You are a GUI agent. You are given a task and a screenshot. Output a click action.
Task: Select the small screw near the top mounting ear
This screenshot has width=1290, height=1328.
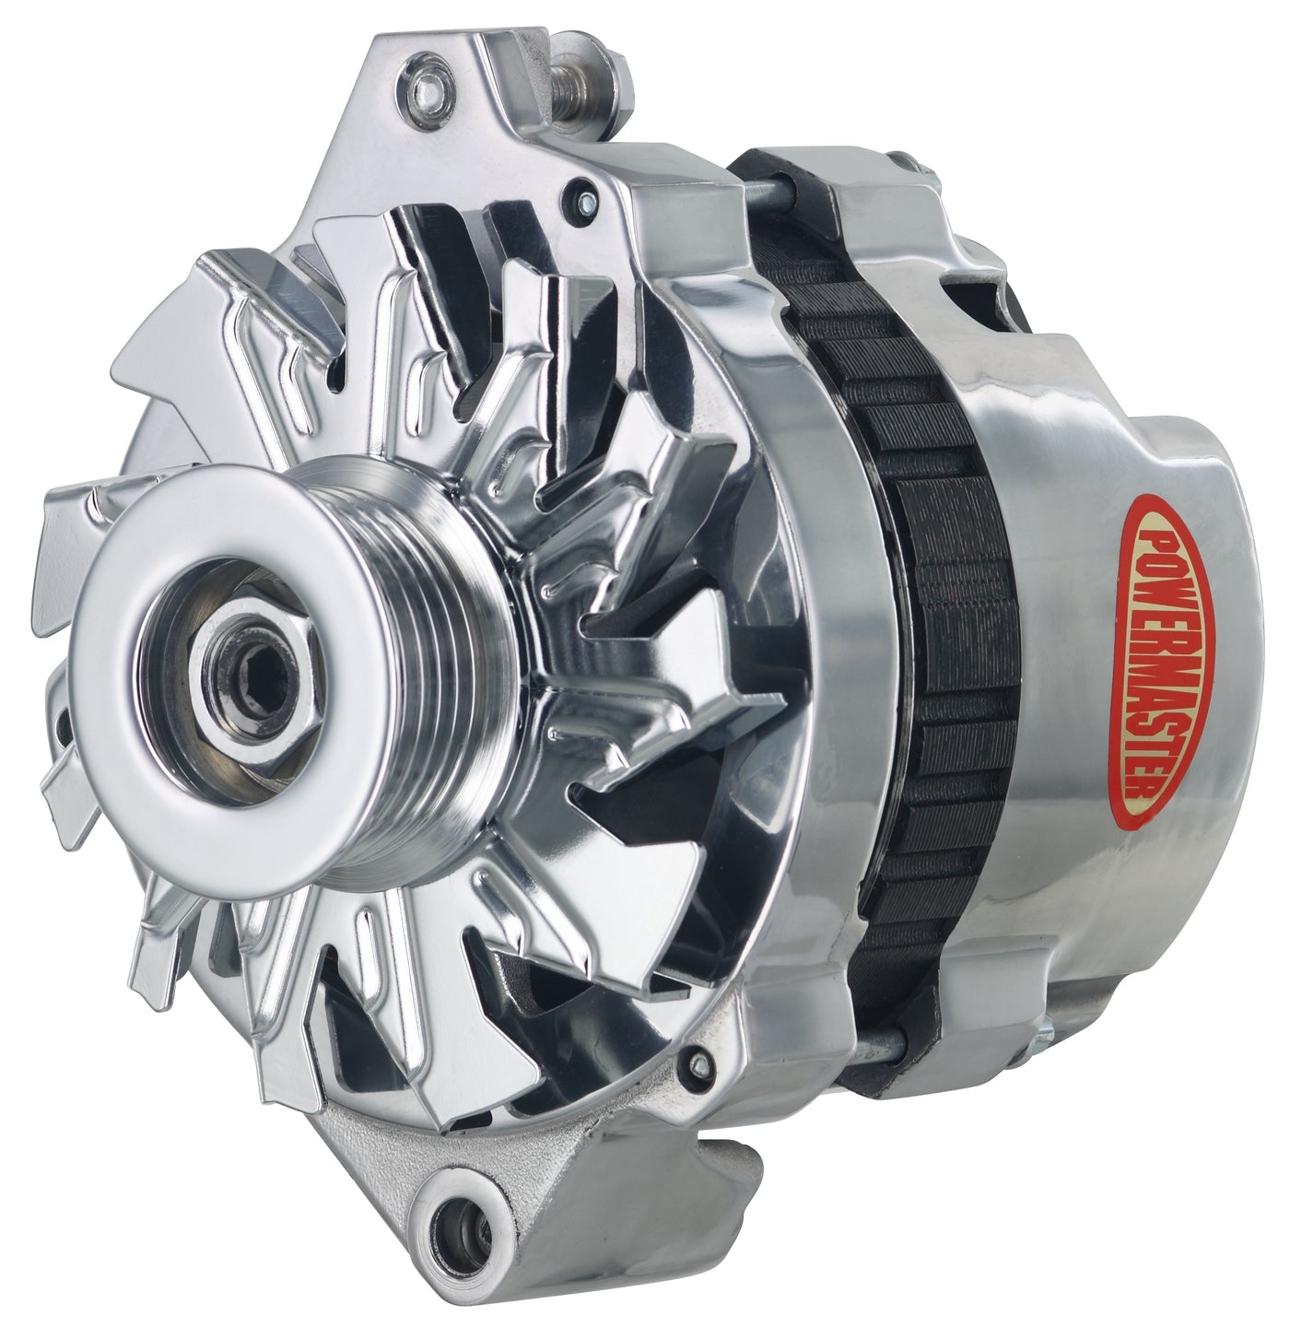coord(586,199)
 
